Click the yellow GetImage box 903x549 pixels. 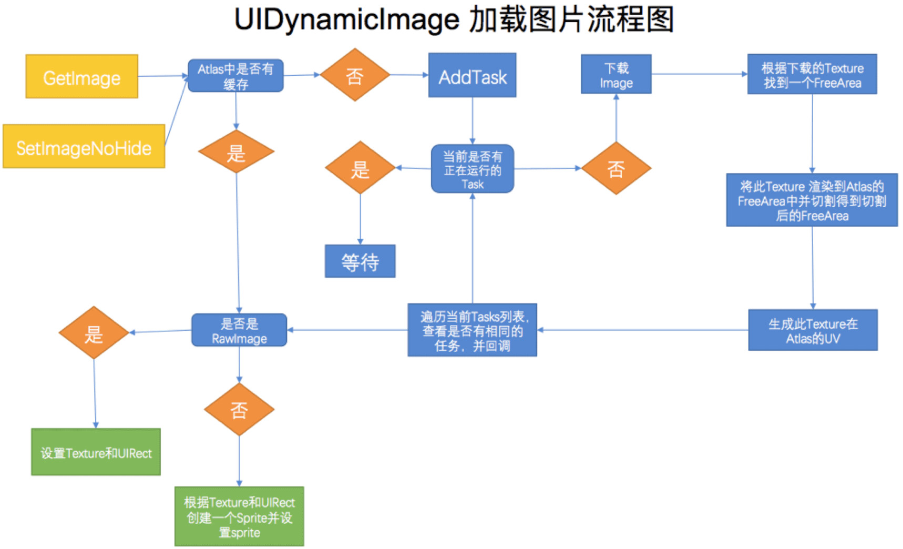tap(82, 77)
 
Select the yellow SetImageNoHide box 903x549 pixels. tap(84, 147)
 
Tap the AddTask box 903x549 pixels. tap(472, 76)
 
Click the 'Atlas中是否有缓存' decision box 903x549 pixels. tap(235, 76)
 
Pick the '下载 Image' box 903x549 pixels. tap(616, 75)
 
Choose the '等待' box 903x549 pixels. tap(360, 261)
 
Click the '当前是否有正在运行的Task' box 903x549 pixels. tap(472, 169)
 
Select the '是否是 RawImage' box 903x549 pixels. tap(239, 331)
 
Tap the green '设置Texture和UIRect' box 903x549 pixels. tap(96, 452)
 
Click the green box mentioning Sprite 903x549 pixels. tap(239, 516)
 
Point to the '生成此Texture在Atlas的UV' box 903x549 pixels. tap(813, 330)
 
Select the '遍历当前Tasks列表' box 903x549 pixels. tap(472, 330)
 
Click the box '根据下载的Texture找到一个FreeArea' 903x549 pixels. tap(812, 75)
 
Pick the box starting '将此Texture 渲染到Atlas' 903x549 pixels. tap(812, 200)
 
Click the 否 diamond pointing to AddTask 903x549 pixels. tap(355, 75)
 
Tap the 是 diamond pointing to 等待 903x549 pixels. tap(360, 168)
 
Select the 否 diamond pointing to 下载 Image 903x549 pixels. tap(616, 168)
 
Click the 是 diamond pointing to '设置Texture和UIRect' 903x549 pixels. tap(94, 333)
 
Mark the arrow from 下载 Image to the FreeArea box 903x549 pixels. tap(699, 74)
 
